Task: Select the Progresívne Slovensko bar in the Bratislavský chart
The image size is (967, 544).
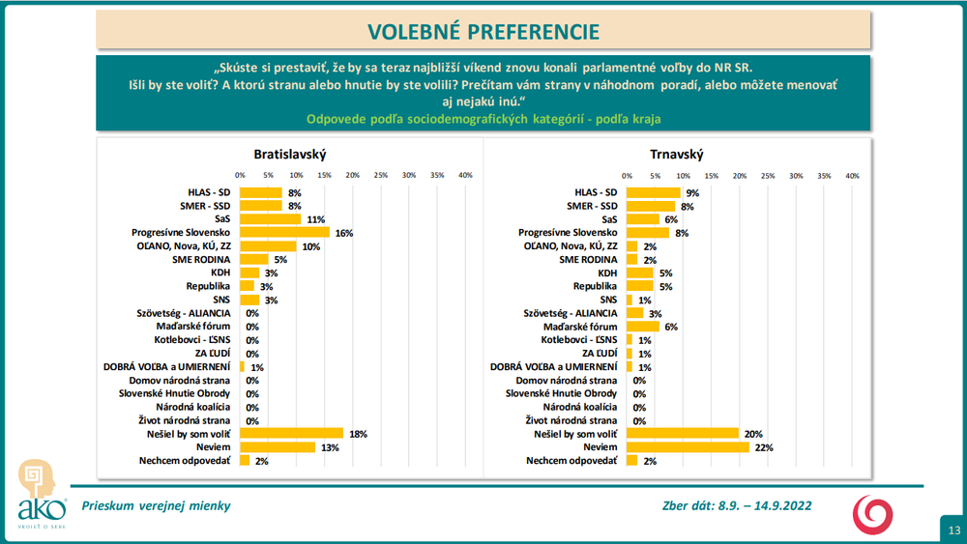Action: point(284,233)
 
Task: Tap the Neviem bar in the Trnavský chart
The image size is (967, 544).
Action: point(688,446)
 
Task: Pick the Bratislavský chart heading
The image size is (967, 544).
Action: point(290,155)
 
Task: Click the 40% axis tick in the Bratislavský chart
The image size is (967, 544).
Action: point(465,176)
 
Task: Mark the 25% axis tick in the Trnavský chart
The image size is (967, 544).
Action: point(768,176)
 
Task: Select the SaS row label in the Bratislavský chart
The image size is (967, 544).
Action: point(221,219)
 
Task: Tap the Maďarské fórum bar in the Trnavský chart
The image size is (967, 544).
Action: point(643,327)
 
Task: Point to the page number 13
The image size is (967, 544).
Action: point(954,530)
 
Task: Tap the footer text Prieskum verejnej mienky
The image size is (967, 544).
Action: point(157,505)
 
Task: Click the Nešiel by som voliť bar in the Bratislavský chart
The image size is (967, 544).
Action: point(291,433)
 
